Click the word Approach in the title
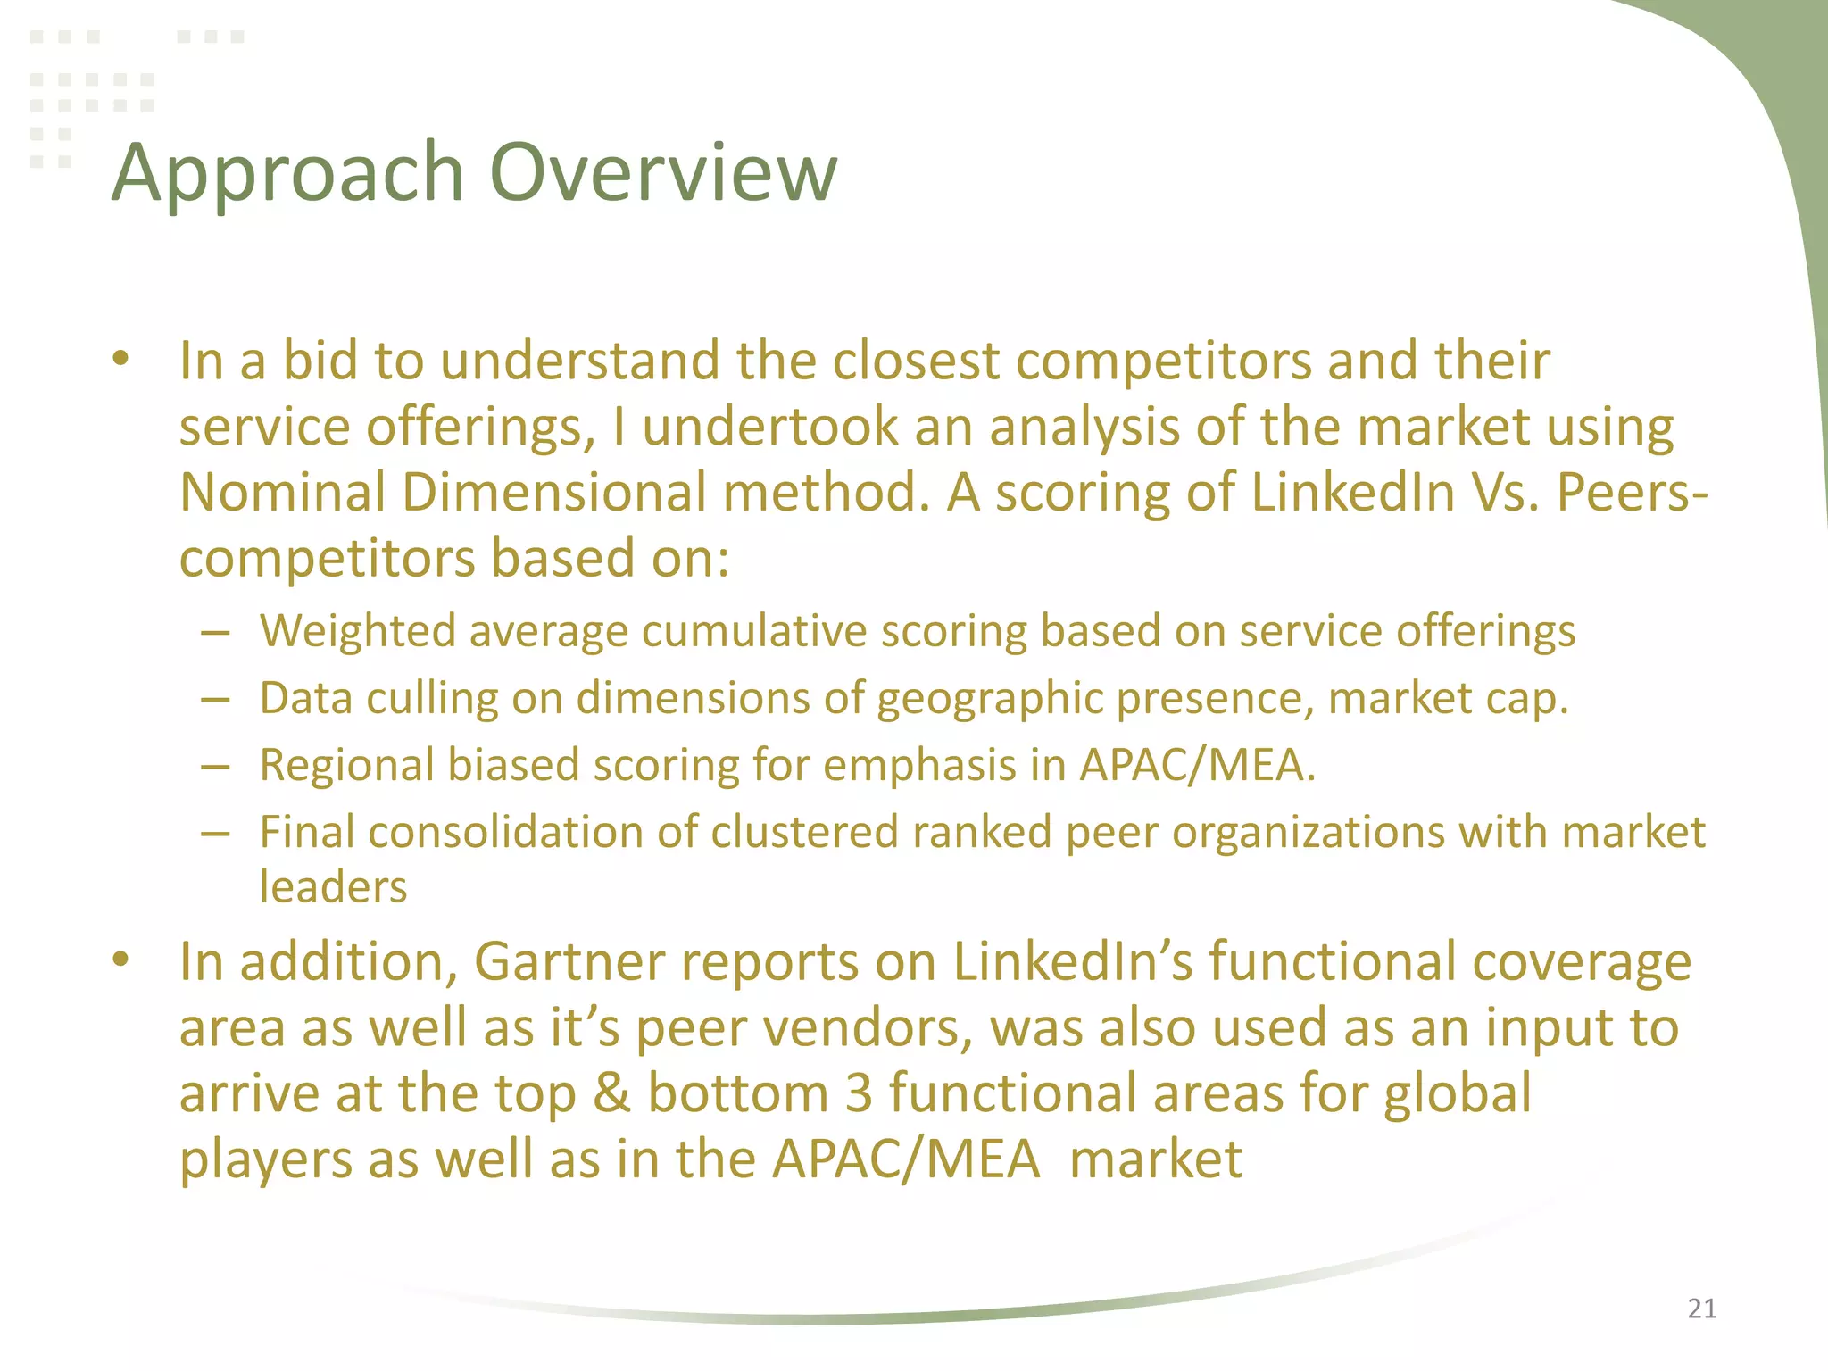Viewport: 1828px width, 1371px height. click(287, 174)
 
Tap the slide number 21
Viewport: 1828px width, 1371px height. click(1702, 1309)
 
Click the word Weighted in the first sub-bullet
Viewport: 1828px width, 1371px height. click(356, 632)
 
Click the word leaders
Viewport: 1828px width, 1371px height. click(333, 887)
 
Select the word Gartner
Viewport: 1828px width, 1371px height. click(569, 962)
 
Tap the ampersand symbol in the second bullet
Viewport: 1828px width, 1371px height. click(611, 1094)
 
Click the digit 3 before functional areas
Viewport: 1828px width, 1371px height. click(859, 1094)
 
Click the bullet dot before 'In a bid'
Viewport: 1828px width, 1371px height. click(121, 360)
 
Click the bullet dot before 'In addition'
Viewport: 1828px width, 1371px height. click(121, 960)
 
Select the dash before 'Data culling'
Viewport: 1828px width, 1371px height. click(216, 700)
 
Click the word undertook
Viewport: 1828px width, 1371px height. click(769, 427)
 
